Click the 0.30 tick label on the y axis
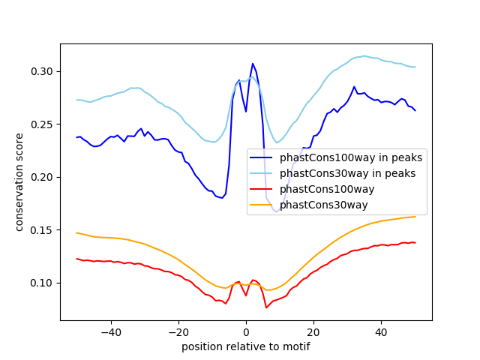click(43, 71)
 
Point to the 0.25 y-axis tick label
click(43, 124)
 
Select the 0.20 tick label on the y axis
click(43, 177)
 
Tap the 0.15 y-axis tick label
click(43, 230)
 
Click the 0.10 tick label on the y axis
click(43, 283)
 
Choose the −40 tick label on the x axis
click(110, 331)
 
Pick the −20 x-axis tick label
click(178, 331)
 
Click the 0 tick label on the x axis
click(246, 331)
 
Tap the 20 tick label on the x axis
click(313, 331)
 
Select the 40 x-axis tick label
click(381, 331)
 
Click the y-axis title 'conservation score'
click(19, 182)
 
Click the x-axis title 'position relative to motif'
click(246, 346)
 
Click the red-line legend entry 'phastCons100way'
click(334, 190)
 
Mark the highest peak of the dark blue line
click(253, 64)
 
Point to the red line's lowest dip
click(266, 307)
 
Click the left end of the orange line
click(77, 232)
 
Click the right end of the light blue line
click(415, 67)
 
